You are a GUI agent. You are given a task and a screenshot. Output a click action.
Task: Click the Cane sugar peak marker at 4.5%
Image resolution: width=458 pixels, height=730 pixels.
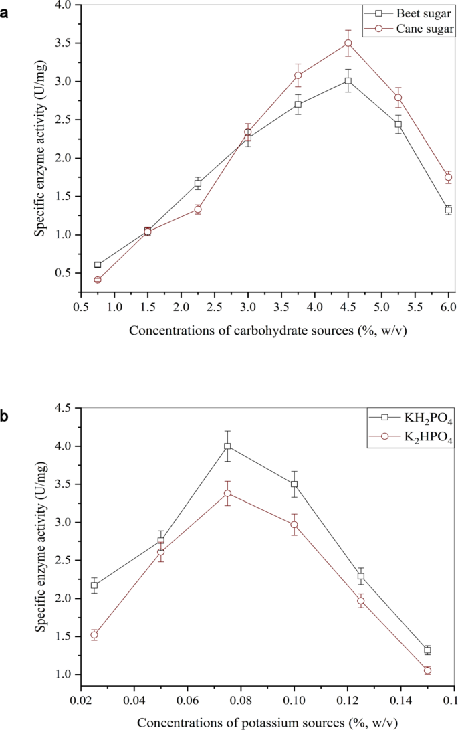348,43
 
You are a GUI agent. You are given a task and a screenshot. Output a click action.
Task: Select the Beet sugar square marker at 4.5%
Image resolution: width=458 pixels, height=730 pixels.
348,80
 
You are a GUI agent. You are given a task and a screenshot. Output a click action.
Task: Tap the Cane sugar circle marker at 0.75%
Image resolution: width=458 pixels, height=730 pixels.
98,280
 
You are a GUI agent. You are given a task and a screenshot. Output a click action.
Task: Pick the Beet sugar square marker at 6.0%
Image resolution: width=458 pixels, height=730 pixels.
448,210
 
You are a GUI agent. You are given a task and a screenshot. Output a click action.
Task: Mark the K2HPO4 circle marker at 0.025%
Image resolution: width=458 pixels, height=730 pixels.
94,635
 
